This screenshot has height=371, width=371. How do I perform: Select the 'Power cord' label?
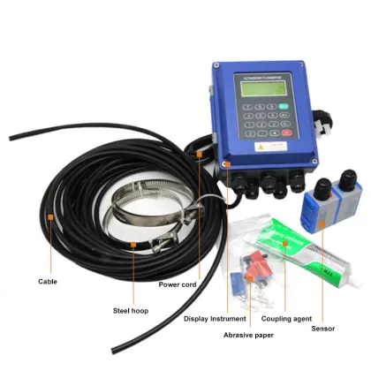coord(178,284)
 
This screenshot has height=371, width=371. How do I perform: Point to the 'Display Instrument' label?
coord(215,318)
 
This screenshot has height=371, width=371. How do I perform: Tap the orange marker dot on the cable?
coord(51,215)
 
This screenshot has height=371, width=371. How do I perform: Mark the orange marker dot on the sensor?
coord(323,226)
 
